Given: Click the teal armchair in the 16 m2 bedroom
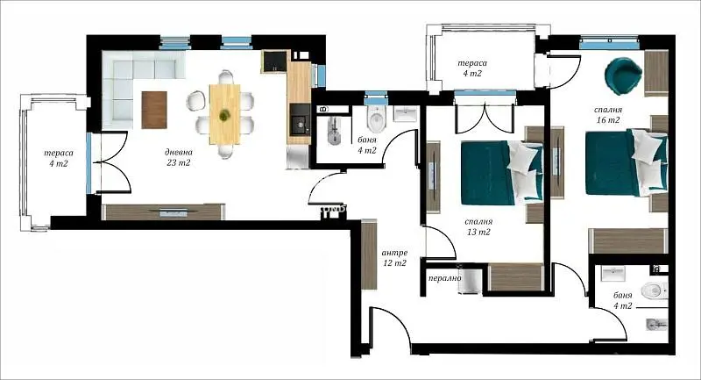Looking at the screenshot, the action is (624, 75).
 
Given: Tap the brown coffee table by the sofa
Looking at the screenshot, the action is (154, 110).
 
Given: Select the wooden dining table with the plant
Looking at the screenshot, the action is (225, 115).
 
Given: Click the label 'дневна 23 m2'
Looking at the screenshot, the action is (179, 158).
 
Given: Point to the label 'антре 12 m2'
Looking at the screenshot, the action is (394, 258).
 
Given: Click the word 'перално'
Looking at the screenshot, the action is (445, 278).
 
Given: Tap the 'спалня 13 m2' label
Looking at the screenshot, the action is (478, 226).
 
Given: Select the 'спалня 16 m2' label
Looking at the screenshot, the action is (608, 115).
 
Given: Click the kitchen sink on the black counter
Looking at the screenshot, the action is (299, 120).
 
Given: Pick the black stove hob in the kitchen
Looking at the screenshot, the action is (274, 61).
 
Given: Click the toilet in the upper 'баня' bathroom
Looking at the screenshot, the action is (376, 118).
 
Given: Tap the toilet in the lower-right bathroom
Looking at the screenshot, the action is (654, 291).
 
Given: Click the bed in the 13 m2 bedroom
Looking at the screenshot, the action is (502, 173).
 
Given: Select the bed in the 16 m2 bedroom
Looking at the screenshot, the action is (627, 162).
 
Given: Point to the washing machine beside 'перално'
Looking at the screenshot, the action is (471, 281).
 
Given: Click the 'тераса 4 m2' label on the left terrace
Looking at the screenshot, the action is (59, 158).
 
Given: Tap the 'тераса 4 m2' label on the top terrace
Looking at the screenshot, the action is (472, 68).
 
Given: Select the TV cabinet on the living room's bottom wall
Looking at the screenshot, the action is (163, 212).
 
